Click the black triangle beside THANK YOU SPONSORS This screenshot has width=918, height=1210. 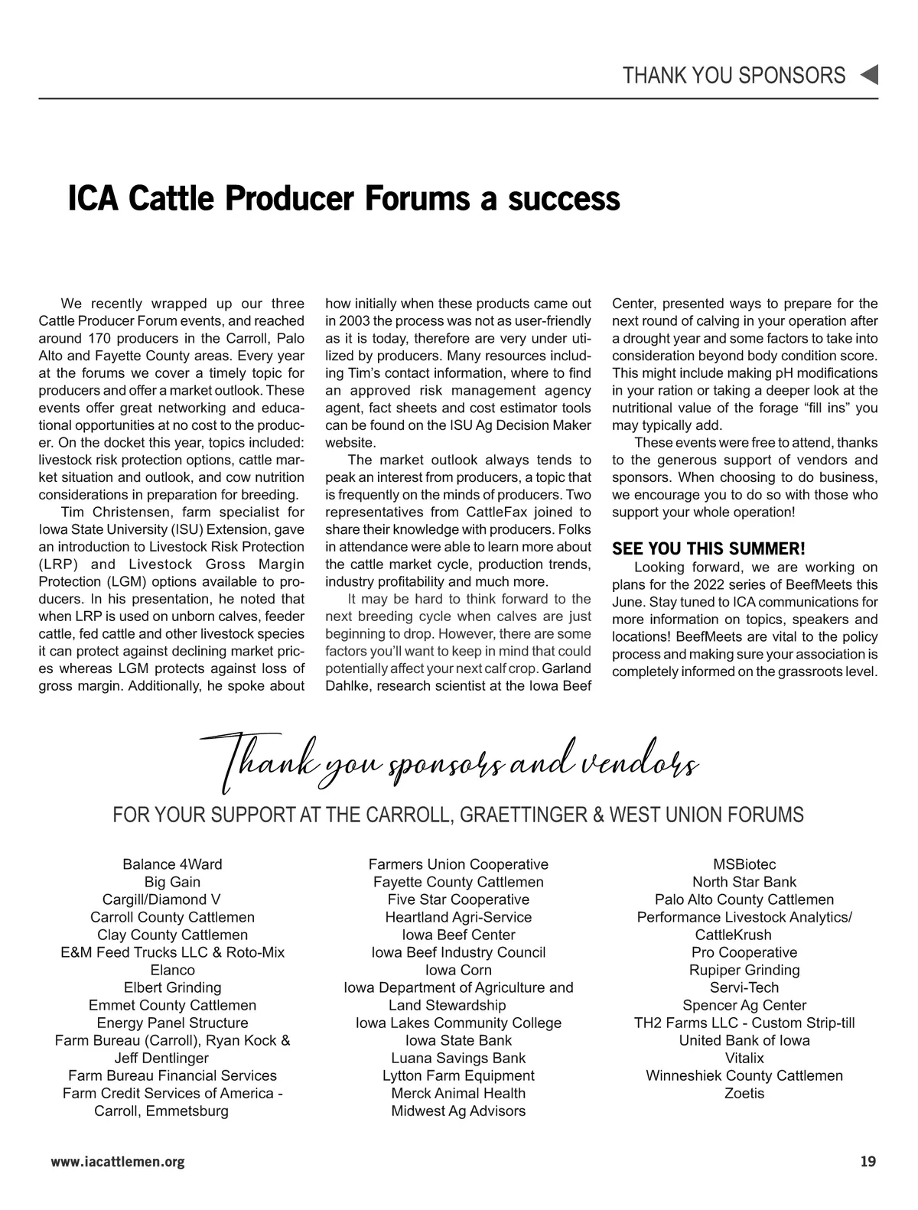(869, 75)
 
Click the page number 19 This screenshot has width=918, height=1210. (868, 1162)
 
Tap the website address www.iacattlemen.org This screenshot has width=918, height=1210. (118, 1162)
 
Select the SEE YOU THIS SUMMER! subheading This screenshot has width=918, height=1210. (708, 548)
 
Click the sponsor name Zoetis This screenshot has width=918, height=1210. (744, 1093)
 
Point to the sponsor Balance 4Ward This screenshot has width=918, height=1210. (172, 864)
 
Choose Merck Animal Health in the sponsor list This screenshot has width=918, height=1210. (458, 1093)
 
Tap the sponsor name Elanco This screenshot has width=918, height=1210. (172, 970)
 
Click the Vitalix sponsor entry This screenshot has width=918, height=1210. (744, 1058)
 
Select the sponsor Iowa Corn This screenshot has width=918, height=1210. (458, 970)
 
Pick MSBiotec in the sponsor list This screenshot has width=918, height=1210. (744, 864)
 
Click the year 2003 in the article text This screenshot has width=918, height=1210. (354, 320)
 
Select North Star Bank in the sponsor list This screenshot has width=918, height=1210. (744, 882)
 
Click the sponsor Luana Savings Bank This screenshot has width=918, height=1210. (458, 1058)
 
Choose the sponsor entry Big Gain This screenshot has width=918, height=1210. (172, 882)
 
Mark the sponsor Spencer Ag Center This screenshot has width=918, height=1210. (744, 1005)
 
